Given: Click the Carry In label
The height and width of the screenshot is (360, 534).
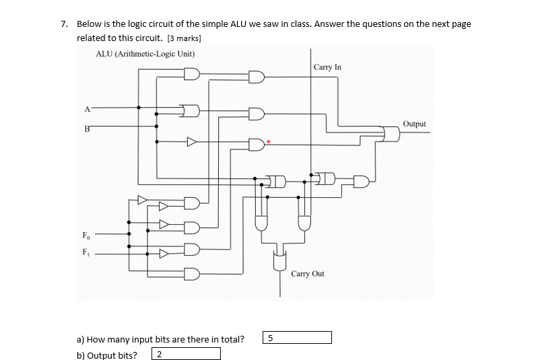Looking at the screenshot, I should [x=327, y=67].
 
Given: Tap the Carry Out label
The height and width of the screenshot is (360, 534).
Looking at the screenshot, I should [x=308, y=274].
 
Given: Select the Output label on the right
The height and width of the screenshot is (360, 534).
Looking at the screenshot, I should [x=414, y=124].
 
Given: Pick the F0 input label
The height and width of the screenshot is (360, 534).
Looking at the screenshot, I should [x=85, y=236].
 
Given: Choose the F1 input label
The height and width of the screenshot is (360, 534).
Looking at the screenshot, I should [x=85, y=253].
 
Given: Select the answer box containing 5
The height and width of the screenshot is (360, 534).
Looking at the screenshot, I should [x=297, y=338].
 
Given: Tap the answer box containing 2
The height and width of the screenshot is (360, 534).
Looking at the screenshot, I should [x=187, y=355].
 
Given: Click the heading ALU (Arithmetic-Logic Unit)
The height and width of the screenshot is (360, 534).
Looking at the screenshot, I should [x=145, y=53].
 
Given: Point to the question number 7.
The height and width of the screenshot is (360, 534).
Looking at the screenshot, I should [x=63, y=24].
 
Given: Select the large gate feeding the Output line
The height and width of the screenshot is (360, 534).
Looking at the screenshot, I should [x=390, y=135].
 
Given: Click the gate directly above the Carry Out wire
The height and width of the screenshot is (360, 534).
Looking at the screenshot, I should [x=280, y=258].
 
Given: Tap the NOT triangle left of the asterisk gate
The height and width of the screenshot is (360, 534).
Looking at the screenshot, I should [x=192, y=142].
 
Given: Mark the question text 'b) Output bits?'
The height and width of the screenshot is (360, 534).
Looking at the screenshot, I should [x=107, y=355].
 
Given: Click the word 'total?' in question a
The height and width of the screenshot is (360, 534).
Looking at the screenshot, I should [x=232, y=339].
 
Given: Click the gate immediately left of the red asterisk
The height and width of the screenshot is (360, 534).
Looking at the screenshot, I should [x=257, y=143].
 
